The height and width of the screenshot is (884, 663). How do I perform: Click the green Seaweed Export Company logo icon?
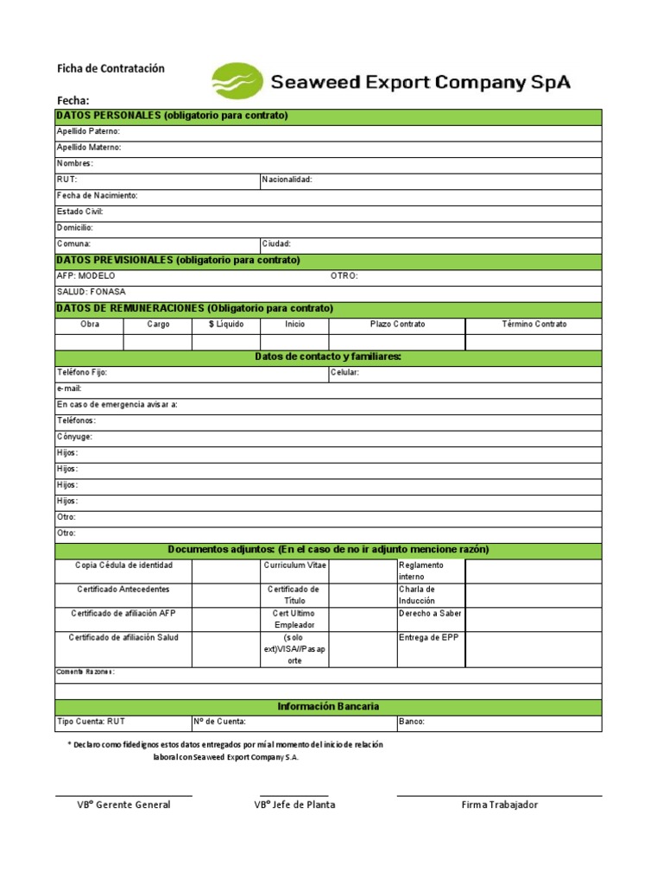pyautogui.click(x=237, y=81)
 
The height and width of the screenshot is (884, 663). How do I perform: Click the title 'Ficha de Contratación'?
pyautogui.click(x=110, y=68)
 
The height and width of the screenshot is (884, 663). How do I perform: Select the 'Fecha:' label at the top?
pyautogui.click(x=73, y=100)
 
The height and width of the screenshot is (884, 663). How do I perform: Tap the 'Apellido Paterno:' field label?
pyautogui.click(x=88, y=131)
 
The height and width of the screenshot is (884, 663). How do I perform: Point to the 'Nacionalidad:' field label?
pyautogui.click(x=287, y=180)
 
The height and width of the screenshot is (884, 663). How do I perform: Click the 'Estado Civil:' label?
pyautogui.click(x=79, y=212)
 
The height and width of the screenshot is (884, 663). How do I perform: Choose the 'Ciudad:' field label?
pyautogui.click(x=277, y=244)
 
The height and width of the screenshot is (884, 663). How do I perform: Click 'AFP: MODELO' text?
pyautogui.click(x=85, y=276)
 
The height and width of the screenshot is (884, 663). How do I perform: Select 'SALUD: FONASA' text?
pyautogui.click(x=90, y=292)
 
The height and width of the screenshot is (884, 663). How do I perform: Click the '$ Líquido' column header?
pyautogui.click(x=225, y=325)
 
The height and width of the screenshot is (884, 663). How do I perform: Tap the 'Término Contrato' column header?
pyautogui.click(x=534, y=325)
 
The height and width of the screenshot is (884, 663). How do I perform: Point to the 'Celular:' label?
pyautogui.click(x=344, y=373)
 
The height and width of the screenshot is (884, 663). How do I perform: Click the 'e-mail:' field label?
pyautogui.click(x=69, y=388)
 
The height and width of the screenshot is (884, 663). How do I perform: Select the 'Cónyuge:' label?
pyautogui.click(x=74, y=437)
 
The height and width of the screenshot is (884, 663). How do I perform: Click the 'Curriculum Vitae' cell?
pyautogui.click(x=294, y=565)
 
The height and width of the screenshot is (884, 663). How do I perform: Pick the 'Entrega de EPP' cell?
pyautogui.click(x=428, y=638)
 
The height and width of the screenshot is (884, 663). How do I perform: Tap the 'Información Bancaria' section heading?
pyautogui.click(x=328, y=706)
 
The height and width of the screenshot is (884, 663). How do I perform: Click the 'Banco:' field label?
pyautogui.click(x=411, y=722)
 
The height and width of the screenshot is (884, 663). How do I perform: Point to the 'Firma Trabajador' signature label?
pyautogui.click(x=499, y=805)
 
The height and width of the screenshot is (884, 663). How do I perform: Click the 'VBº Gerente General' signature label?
pyautogui.click(x=123, y=805)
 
